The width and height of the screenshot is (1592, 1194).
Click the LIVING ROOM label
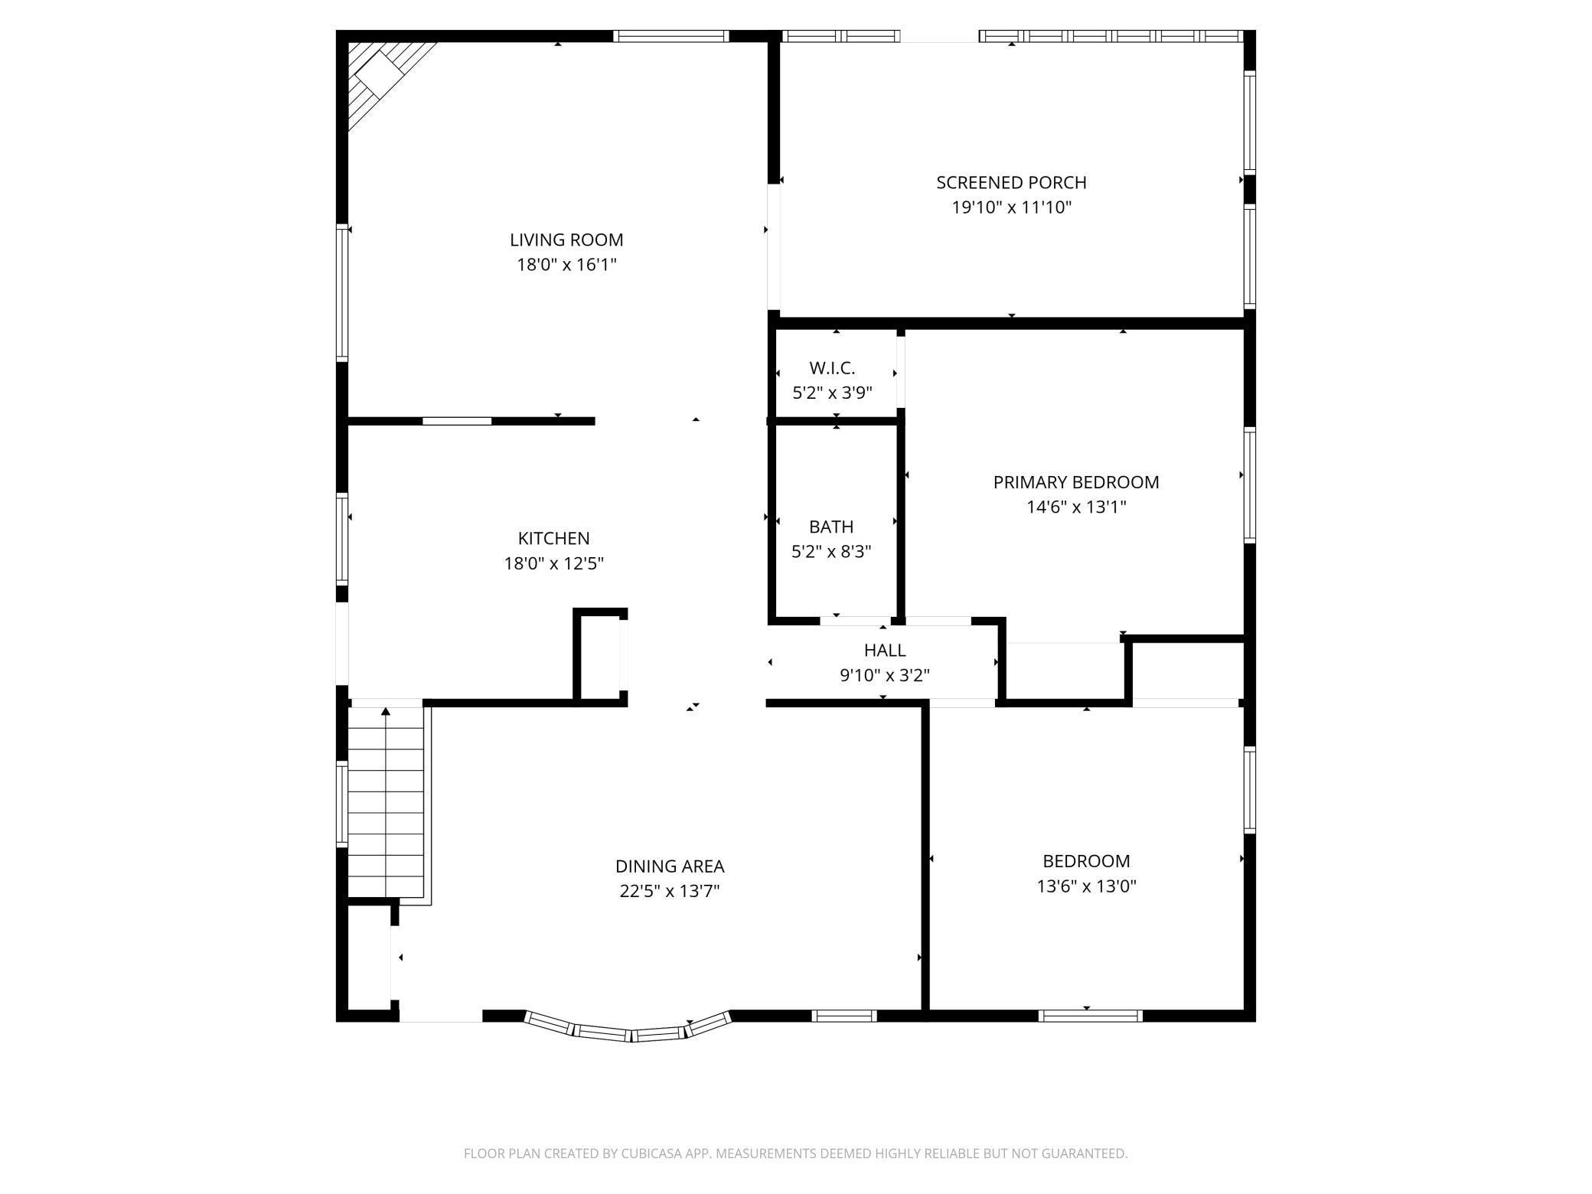point(566,240)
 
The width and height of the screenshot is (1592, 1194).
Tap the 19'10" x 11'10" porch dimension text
point(1011,207)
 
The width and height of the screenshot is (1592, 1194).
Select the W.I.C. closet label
point(832,368)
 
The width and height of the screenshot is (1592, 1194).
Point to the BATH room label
point(831,527)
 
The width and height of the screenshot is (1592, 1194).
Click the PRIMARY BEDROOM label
point(1076,482)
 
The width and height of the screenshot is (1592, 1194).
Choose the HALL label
point(885,650)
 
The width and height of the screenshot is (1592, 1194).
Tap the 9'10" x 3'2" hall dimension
point(885,675)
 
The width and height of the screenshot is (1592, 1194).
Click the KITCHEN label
point(553,538)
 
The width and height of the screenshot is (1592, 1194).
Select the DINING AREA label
point(670,866)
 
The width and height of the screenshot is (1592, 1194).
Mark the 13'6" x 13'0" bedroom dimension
point(1086,886)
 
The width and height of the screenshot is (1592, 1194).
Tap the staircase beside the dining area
point(386,804)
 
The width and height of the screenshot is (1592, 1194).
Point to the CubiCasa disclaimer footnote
point(795,1153)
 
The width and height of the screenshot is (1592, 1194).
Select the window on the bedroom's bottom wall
point(1090,1016)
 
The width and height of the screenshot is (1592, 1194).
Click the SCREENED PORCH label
point(1011,182)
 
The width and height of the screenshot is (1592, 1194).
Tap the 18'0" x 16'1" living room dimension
point(566,265)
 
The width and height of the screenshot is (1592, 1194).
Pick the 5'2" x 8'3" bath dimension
point(831,552)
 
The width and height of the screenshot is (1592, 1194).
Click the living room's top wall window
point(670,35)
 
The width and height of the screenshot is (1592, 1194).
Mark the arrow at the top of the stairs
point(386,712)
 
